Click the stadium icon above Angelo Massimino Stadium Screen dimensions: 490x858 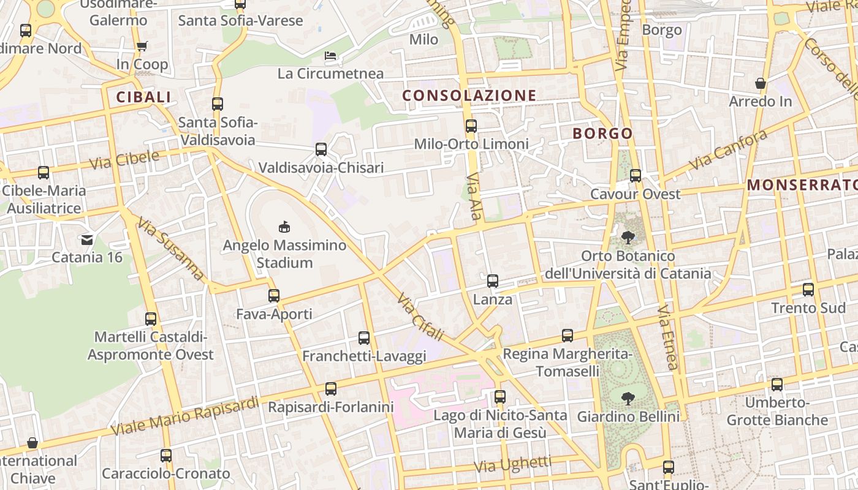point(284,227)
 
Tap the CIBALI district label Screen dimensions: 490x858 point(143,97)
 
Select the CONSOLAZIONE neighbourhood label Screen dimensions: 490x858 point(469,95)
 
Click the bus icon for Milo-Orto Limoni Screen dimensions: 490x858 point(471,126)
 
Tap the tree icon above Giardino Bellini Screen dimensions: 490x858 point(628,399)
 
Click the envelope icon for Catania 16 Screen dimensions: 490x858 point(87,239)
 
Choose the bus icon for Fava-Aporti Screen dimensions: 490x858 point(274,296)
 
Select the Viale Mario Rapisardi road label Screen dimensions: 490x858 point(185,417)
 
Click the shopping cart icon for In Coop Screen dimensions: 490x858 point(142,47)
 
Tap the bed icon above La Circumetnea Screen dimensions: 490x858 point(330,56)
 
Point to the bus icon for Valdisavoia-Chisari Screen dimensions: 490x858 point(321,149)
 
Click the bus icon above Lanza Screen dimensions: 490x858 point(493,282)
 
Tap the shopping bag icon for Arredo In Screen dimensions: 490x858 point(761,83)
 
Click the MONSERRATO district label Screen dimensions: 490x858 point(802,184)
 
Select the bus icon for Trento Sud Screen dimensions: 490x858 point(808,290)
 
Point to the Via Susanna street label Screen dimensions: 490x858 point(171,249)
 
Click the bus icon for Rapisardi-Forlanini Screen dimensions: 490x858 point(331,389)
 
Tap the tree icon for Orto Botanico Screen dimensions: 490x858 point(628,238)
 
